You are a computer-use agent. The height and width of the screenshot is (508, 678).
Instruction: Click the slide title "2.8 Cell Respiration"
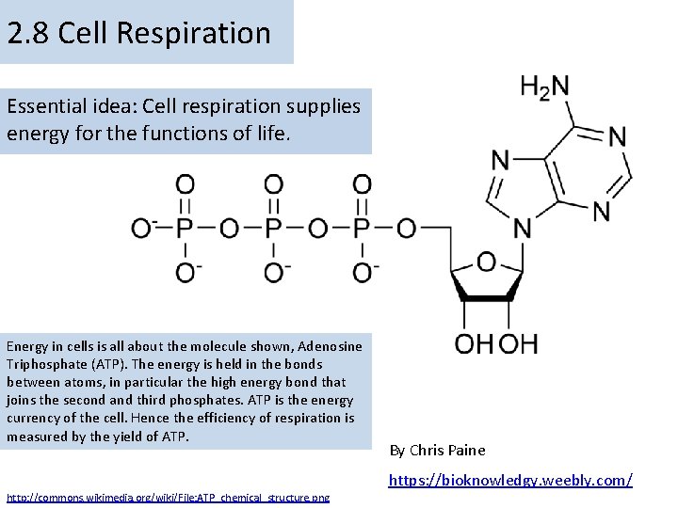pyautogui.click(x=138, y=34)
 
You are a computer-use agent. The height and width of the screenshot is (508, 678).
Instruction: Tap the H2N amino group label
pyautogui.click(x=545, y=87)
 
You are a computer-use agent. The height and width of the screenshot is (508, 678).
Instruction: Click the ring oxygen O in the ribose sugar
pyautogui.click(x=486, y=261)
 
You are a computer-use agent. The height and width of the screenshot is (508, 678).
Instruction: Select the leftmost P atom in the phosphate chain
pyautogui.click(x=186, y=229)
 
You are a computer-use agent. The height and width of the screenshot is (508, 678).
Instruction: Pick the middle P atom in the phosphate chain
pyautogui.click(x=273, y=229)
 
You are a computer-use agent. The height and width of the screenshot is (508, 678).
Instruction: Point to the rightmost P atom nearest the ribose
pyautogui.click(x=362, y=229)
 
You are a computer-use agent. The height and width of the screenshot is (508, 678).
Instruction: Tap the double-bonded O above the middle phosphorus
pyautogui.click(x=273, y=183)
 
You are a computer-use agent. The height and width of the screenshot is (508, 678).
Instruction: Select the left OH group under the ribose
pyautogui.click(x=475, y=342)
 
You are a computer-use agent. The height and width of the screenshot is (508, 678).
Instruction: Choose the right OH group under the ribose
pyautogui.click(x=519, y=342)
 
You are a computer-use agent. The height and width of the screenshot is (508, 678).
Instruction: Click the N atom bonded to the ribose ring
pyautogui.click(x=522, y=229)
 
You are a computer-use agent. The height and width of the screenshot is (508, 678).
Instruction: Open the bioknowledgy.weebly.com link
pyautogui.click(x=510, y=480)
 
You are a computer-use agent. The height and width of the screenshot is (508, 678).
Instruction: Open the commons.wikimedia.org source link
pyautogui.click(x=168, y=497)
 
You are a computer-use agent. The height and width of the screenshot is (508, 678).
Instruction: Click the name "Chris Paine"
pyautogui.click(x=447, y=450)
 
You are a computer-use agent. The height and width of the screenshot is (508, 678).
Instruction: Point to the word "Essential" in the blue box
pyautogui.click(x=42, y=106)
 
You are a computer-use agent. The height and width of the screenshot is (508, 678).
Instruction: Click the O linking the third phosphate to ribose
pyautogui.click(x=407, y=229)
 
